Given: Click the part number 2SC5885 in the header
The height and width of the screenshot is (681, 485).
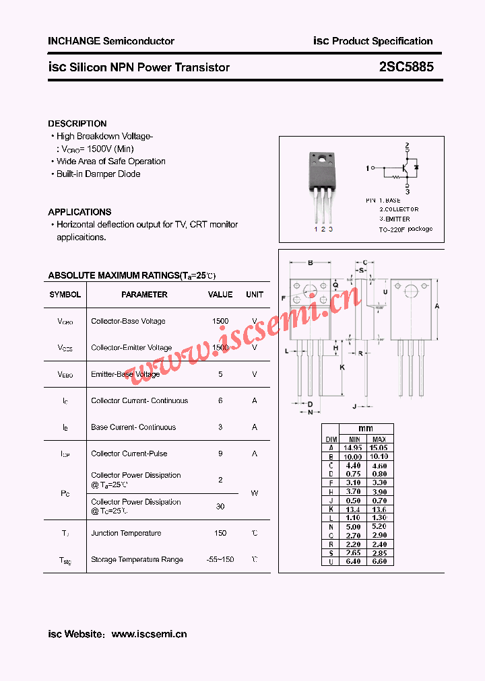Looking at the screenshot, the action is point(411,67).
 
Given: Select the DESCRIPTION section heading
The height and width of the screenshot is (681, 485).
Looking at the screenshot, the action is point(77,124).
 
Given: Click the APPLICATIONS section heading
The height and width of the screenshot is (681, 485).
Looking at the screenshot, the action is point(79,212).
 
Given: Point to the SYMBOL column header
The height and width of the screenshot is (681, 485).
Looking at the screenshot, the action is point(65,295).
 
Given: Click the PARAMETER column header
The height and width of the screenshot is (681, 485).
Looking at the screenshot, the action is point(144,295).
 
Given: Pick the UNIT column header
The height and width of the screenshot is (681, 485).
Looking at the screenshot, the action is point(255,295).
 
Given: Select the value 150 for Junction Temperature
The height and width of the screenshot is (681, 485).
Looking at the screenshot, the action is point(220,533).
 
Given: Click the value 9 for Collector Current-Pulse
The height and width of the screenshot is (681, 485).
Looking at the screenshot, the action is point(220,454).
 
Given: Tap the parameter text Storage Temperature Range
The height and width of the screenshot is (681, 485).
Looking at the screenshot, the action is point(137,559).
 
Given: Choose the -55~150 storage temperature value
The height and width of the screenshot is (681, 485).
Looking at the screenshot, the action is point(220,559).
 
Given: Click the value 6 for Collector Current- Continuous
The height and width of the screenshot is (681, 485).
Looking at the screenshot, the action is point(220,400).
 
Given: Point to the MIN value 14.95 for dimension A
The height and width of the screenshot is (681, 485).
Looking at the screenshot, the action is point(353,447).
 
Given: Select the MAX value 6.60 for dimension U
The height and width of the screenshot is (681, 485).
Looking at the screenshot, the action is point(379,561).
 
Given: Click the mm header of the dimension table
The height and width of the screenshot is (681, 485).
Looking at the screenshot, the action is point(366,429).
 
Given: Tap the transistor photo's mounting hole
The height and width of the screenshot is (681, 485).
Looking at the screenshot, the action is point(321,159).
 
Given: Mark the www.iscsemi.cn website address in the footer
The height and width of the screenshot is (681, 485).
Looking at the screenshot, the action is point(149,634).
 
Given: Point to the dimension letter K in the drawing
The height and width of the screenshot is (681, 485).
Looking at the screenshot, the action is point(342,367).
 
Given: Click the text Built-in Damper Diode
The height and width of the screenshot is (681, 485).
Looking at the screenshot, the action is point(98,174).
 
